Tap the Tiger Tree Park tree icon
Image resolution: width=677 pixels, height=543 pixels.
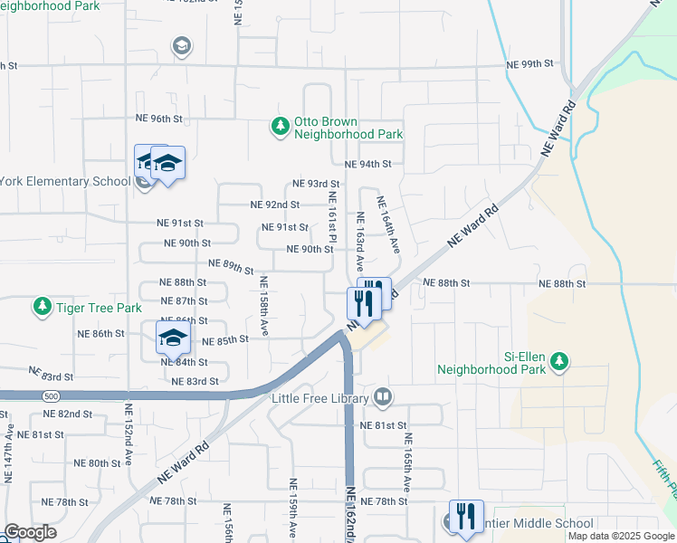[x=42, y=308]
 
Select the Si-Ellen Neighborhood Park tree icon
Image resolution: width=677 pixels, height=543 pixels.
[x=560, y=361]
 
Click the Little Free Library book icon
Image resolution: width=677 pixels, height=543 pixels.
[x=383, y=397]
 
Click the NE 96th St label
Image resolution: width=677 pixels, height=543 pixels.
[x=159, y=119]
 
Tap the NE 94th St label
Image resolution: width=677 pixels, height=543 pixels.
[x=367, y=164]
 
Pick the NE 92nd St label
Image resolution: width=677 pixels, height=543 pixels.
[x=275, y=205]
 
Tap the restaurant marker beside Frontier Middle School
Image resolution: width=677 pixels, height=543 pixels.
[x=466, y=517]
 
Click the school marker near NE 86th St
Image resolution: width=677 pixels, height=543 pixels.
[x=173, y=338]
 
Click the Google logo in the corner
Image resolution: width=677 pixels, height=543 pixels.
[x=30, y=532]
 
